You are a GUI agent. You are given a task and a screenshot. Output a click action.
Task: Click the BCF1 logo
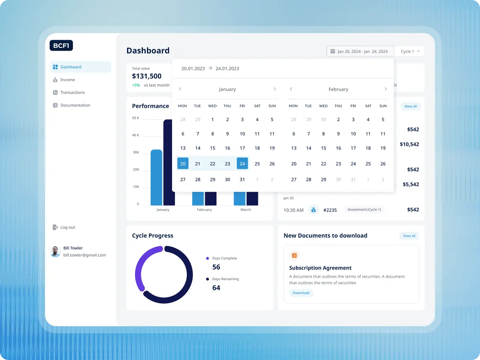click(x=61, y=45)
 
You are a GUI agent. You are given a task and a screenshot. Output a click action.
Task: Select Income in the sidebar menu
click(x=67, y=80)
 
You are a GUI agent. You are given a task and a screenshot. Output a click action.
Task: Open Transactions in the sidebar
click(x=72, y=93)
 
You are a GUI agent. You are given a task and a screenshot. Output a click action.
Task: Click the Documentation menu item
click(x=75, y=105)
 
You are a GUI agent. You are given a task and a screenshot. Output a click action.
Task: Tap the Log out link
click(x=67, y=227)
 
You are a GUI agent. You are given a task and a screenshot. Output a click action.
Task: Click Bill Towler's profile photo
click(x=55, y=251)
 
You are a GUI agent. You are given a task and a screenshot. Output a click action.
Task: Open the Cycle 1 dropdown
click(x=410, y=51)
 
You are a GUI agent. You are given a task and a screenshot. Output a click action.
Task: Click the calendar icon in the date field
click(x=333, y=51)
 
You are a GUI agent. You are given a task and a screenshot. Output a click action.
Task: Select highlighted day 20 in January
click(x=183, y=164)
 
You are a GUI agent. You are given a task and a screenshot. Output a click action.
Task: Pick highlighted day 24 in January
click(x=242, y=164)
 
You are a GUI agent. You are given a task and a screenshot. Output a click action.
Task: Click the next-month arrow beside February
click(x=386, y=89)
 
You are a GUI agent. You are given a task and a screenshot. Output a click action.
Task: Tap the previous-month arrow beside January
click(x=180, y=89)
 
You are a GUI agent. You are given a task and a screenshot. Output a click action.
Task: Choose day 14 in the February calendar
click(x=309, y=148)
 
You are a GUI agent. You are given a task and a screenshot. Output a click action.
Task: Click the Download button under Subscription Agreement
click(x=301, y=293)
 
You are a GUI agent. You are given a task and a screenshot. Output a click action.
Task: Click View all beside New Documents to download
click(x=409, y=236)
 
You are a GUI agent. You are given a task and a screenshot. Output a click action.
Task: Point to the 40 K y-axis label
click(x=135, y=135)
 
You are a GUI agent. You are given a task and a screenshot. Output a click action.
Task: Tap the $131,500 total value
click(x=147, y=76)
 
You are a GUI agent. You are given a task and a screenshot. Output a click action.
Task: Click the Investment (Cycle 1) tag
click(x=364, y=210)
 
